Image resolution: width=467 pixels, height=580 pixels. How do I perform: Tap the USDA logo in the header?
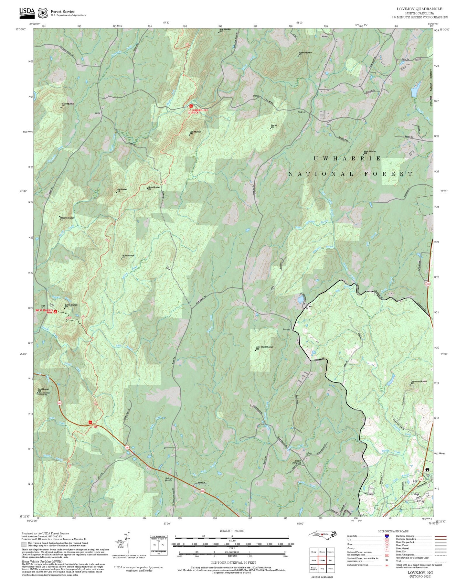pyautogui.click(x=27, y=12)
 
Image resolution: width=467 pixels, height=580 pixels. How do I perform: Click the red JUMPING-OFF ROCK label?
pyautogui.click(x=199, y=111)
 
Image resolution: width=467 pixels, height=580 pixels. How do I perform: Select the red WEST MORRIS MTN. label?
pyautogui.click(x=44, y=311)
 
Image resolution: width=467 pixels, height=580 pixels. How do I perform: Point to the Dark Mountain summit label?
pyautogui.click(x=195, y=132)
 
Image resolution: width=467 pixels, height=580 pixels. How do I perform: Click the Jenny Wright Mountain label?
pyautogui.click(x=264, y=348)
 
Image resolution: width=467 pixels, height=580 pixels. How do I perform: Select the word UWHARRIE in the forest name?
pyautogui.click(x=347, y=158)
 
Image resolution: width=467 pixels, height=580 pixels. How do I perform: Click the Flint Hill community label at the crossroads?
pyautogui.click(x=302, y=112)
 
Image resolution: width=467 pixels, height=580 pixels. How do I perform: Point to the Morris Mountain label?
pyautogui.click(x=128, y=256)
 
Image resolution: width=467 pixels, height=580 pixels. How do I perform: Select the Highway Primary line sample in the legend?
pyautogui.click(x=440, y=536)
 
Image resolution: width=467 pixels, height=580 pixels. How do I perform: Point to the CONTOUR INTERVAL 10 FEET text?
pyautogui.click(x=232, y=563)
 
